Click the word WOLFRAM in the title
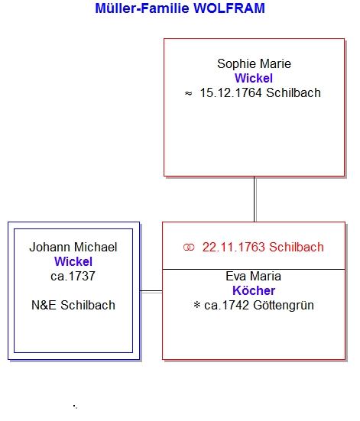[x=229, y=8]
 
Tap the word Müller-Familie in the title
[x=142, y=8]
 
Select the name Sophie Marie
[x=254, y=64]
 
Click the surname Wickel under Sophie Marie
[x=254, y=78]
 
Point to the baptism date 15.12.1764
[x=231, y=93]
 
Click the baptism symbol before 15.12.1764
[x=188, y=93]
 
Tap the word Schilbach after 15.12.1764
[x=294, y=93]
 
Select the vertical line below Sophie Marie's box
[x=255, y=199]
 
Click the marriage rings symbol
[x=189, y=248]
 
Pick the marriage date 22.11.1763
[x=233, y=247]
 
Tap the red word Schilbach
[x=297, y=247]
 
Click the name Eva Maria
[x=253, y=277]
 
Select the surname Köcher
[x=254, y=290]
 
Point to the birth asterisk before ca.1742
[x=196, y=305]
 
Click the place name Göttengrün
[x=284, y=306]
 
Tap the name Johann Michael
[x=73, y=247]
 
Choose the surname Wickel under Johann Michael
[x=73, y=261]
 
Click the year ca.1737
[x=73, y=276]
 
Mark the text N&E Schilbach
[x=73, y=305]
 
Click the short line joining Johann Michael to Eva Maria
[x=151, y=291]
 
